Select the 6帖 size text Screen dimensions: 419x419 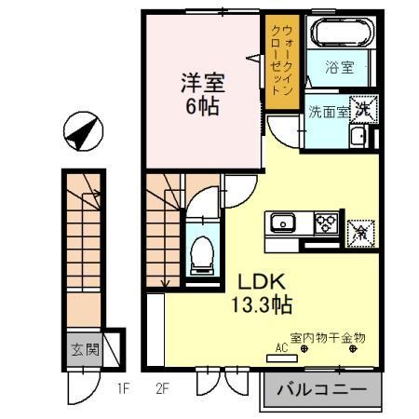click(x=201, y=105)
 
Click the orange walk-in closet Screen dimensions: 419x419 click(x=279, y=62)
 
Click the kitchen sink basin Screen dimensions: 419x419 click(x=282, y=223)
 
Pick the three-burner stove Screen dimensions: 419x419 click(x=326, y=223)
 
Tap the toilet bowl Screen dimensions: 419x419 click(x=200, y=251)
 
